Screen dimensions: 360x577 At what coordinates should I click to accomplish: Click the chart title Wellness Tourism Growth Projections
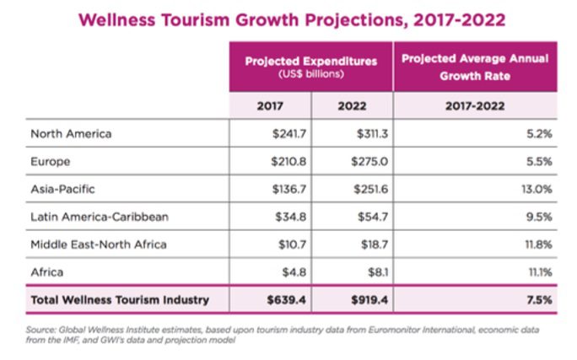click(289, 19)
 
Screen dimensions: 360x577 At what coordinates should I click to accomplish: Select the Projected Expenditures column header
click(310, 65)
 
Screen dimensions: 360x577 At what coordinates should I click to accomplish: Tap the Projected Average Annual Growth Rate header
click(474, 65)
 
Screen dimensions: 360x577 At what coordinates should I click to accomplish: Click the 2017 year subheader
click(270, 106)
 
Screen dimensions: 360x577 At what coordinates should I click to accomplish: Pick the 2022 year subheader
click(352, 106)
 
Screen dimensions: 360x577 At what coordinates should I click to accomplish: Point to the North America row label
click(71, 133)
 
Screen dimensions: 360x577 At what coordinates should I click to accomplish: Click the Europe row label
click(50, 161)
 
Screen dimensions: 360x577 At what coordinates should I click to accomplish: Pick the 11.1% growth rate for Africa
click(538, 272)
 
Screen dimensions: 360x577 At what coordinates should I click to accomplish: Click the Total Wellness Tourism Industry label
click(119, 299)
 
